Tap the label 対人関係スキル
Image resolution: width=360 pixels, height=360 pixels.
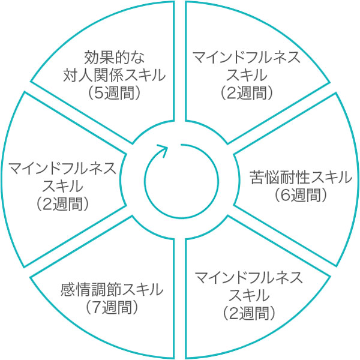[x=114, y=76]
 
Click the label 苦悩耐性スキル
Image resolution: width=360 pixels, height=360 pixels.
[x=299, y=178]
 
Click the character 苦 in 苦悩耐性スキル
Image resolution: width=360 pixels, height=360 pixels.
[x=255, y=178]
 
